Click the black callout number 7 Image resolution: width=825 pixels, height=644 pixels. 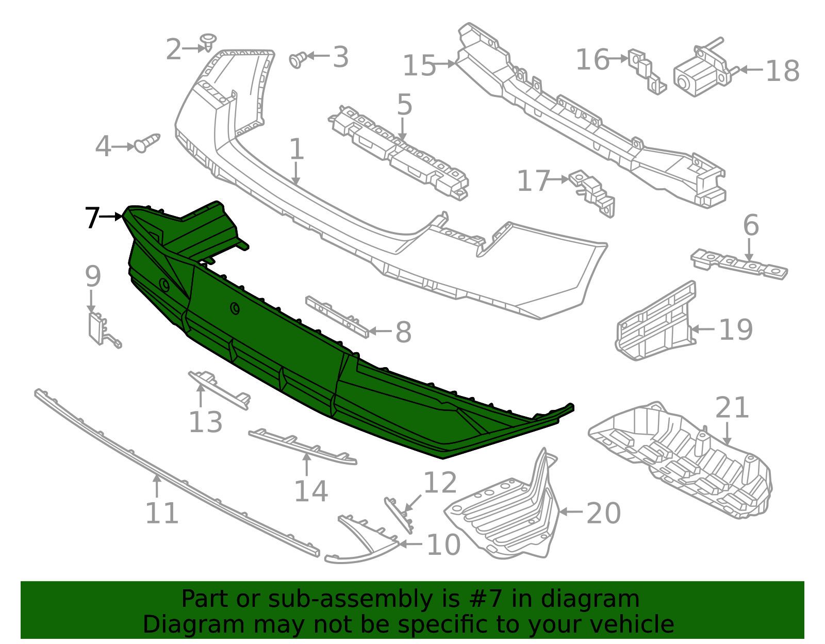coord(92,218)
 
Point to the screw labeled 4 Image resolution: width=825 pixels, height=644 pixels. coord(146,143)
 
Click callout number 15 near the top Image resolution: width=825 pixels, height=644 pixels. coord(419,66)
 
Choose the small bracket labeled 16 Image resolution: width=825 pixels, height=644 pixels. coord(646,72)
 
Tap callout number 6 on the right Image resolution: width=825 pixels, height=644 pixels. coord(751,225)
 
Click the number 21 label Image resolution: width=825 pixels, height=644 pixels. coord(732,408)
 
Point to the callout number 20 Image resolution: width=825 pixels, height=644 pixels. coord(603,513)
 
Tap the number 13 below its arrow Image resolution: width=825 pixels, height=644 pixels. coord(205,422)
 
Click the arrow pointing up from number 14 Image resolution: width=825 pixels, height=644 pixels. coord(307,465)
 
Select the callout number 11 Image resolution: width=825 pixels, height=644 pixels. coord(161,513)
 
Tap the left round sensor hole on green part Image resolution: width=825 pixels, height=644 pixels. coord(164,284)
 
